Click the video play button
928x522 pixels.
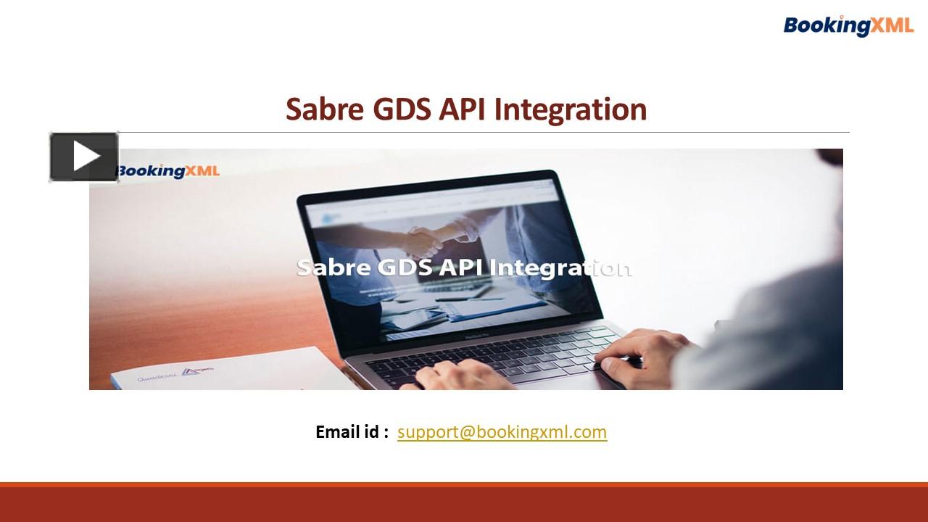tap(84, 157)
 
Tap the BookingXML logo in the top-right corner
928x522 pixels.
tap(848, 25)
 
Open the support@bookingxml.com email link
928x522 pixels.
tap(502, 432)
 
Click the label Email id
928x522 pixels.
tap(352, 432)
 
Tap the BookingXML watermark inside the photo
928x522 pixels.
tap(168, 171)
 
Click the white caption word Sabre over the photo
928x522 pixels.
tap(333, 268)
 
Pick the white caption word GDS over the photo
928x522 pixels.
tap(405, 268)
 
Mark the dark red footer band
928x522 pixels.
tap(464, 504)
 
